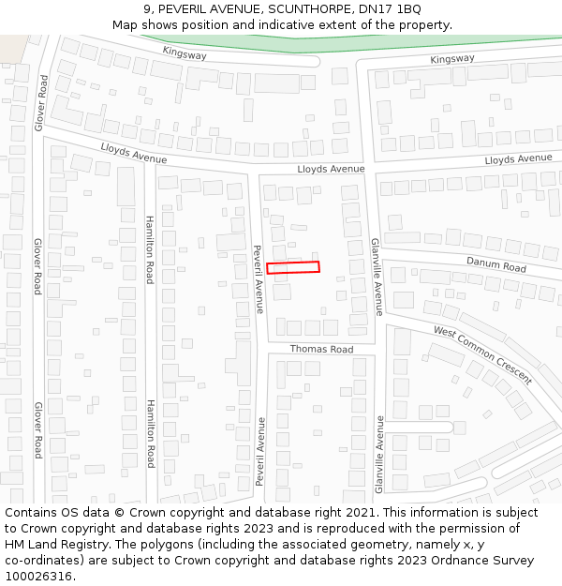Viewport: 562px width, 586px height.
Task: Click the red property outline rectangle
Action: pos(293,267)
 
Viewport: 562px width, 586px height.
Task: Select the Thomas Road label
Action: pos(321,350)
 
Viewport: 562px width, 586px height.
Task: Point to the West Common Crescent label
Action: pos(482,355)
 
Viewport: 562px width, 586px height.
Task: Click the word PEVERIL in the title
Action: pos(189,9)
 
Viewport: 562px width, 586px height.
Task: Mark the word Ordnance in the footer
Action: pos(446,561)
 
